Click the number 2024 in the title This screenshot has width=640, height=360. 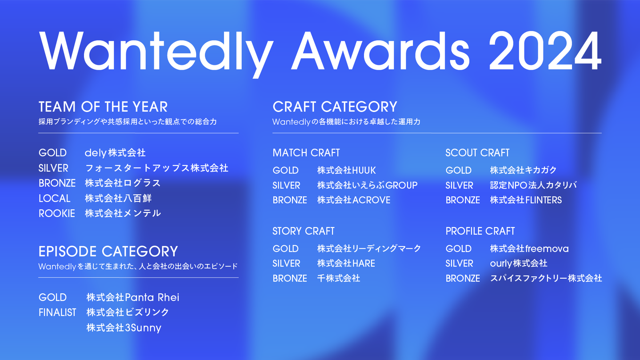coord(545,51)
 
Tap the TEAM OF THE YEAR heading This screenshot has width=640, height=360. coord(103,107)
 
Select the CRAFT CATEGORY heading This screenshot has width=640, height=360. coord(335,107)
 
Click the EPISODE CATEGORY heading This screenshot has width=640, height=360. coord(108,252)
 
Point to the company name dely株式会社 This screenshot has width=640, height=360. coord(115,153)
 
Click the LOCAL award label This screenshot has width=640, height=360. coord(55,198)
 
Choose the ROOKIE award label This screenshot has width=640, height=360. coord(57,213)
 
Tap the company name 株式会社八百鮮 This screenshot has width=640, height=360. coord(118,198)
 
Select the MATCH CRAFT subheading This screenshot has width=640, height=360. coord(306,153)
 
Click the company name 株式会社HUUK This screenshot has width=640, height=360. coord(347,170)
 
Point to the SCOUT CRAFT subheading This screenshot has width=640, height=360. coord(477,153)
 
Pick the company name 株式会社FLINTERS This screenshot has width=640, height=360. coord(526,200)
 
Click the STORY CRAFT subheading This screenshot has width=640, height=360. coord(304,231)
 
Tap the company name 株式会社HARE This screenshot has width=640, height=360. coord(346,264)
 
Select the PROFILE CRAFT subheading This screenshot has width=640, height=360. coord(480,231)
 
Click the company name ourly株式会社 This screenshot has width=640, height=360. coord(519,264)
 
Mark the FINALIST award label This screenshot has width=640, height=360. coord(57,312)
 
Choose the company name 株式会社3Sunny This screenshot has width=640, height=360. coord(124,328)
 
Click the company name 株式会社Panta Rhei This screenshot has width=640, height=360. coord(133,297)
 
